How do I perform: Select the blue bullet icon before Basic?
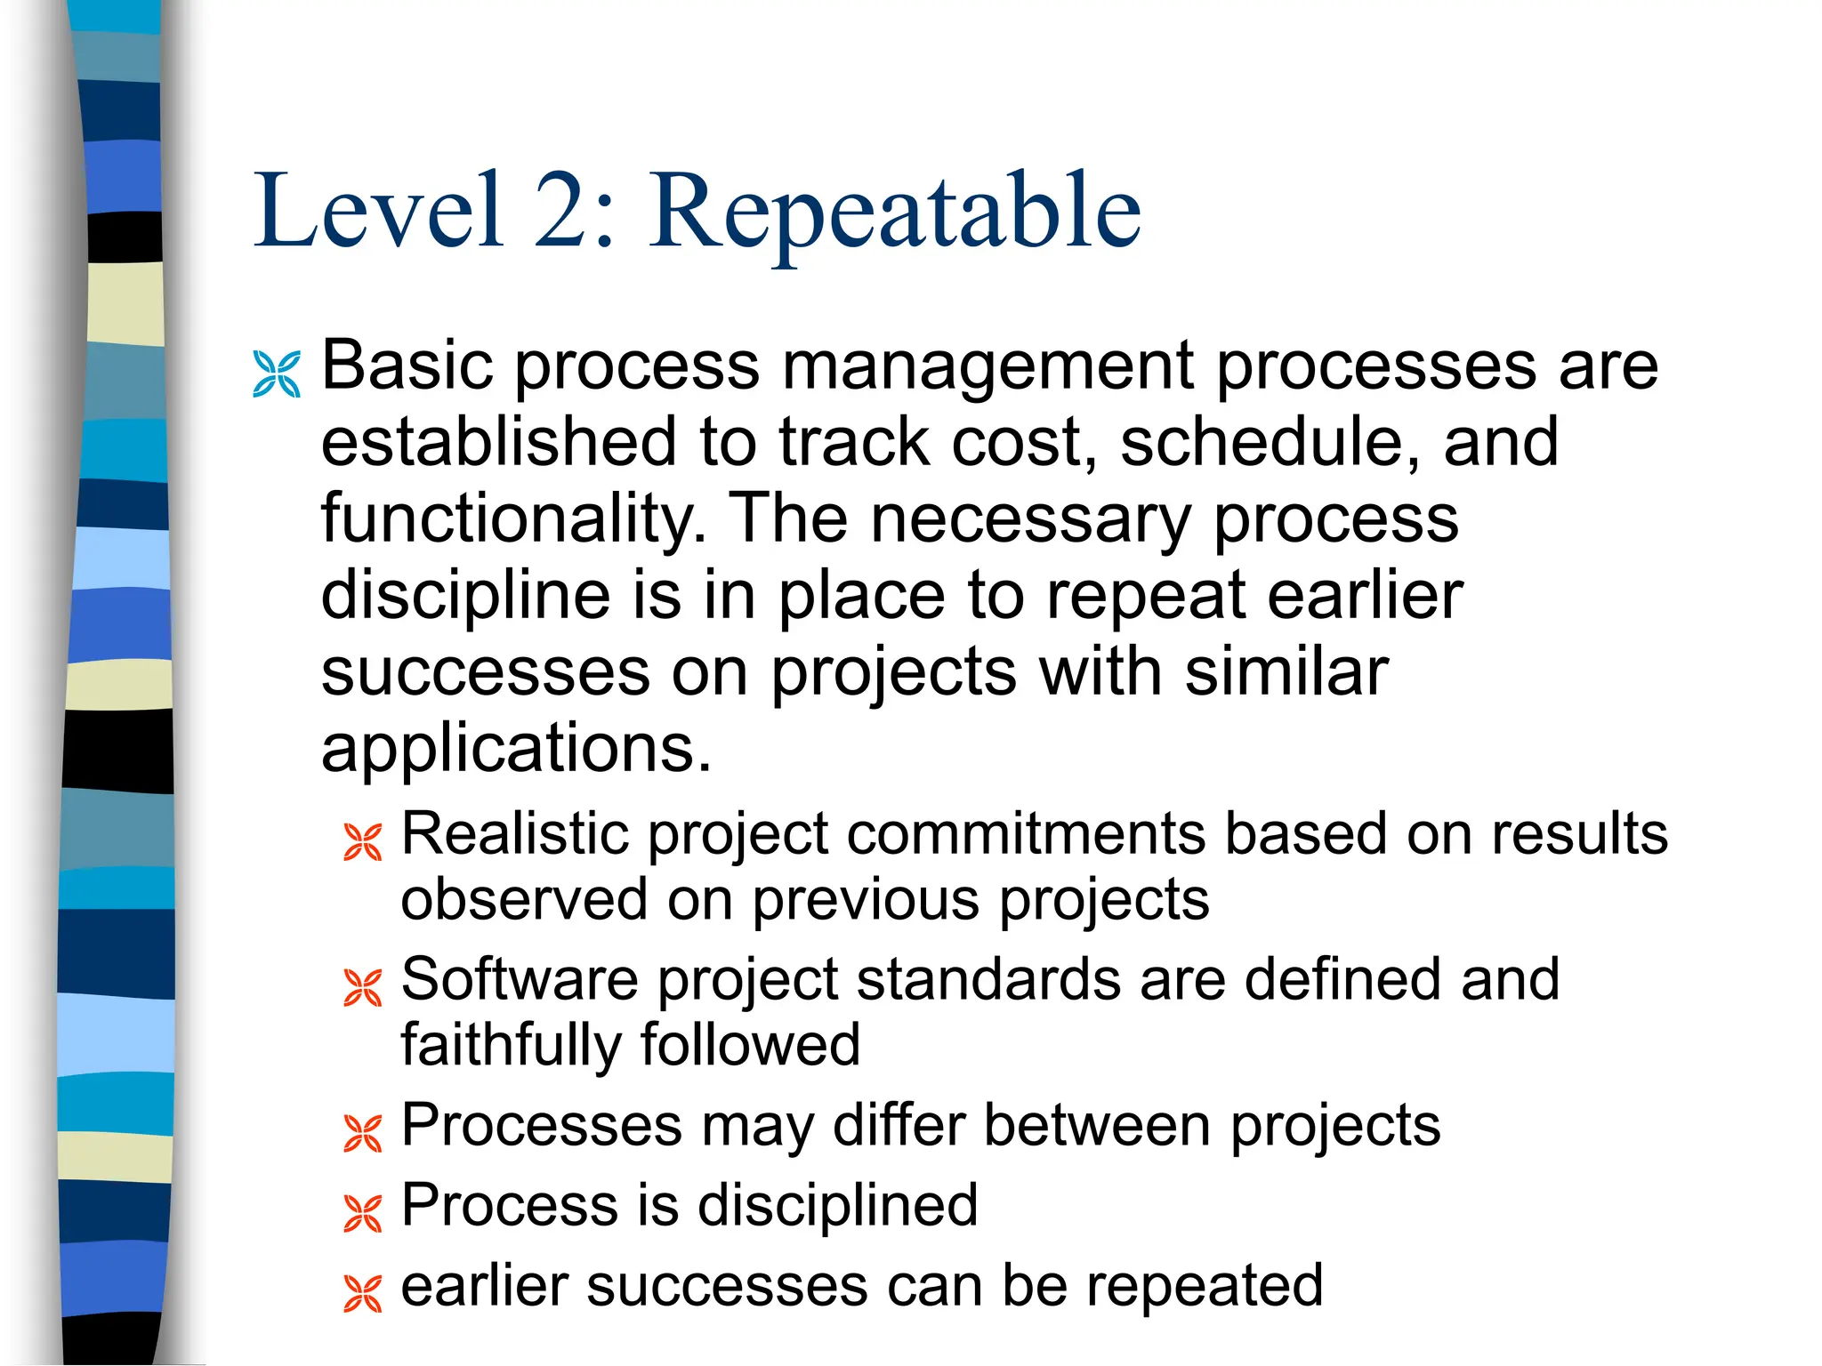click(x=277, y=374)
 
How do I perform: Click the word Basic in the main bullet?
click(x=407, y=366)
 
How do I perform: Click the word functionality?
click(x=513, y=519)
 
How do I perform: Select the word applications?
click(x=516, y=749)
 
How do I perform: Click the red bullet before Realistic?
click(x=363, y=842)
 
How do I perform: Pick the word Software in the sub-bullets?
click(x=520, y=980)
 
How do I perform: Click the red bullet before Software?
click(x=363, y=988)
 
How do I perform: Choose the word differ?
click(x=899, y=1125)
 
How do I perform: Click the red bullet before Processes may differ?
click(x=363, y=1134)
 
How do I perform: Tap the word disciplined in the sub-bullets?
click(x=837, y=1206)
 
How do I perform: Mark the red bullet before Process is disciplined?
click(x=363, y=1214)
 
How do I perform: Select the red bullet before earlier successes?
click(x=363, y=1294)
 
